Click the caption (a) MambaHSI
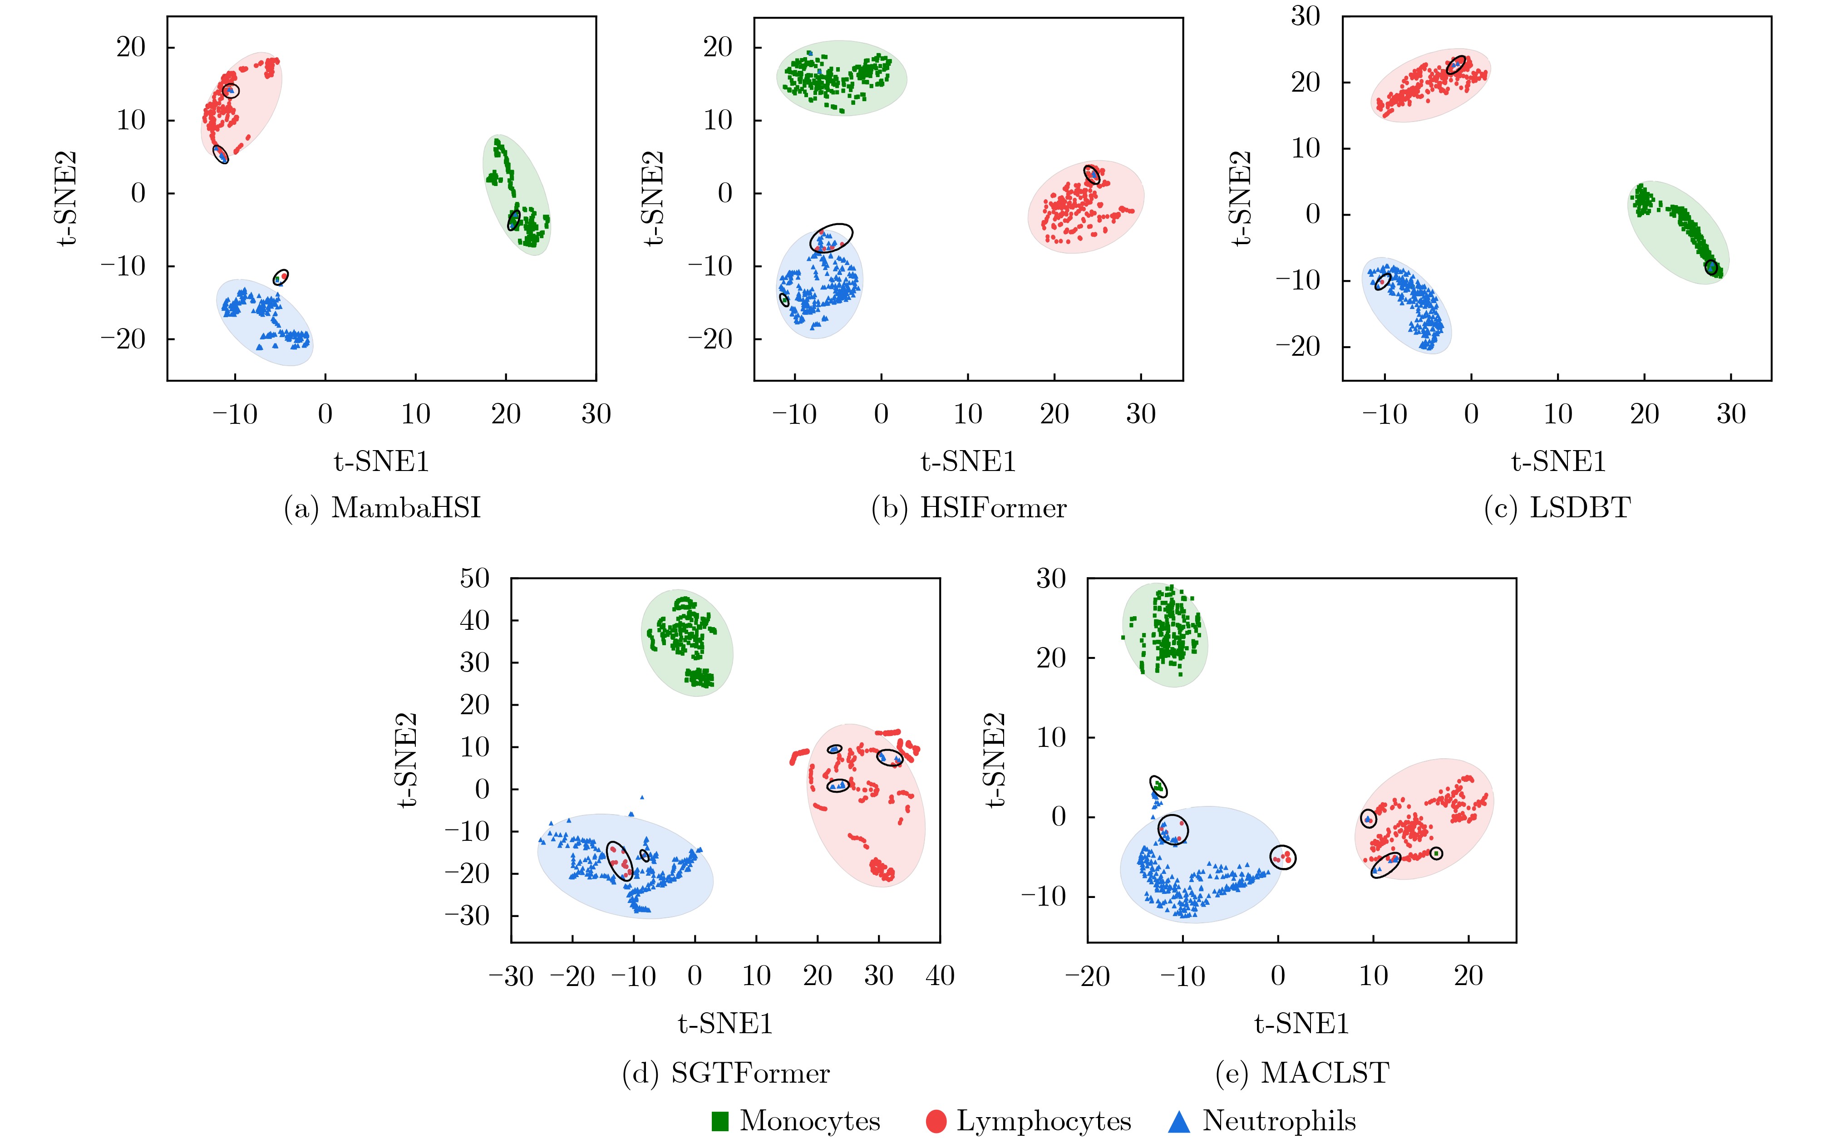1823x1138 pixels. tap(382, 508)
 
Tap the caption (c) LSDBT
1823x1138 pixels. tap(1557, 508)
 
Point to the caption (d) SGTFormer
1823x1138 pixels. tap(726, 1073)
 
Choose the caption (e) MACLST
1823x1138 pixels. tap(1302, 1073)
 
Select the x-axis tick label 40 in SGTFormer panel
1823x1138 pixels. tap(940, 976)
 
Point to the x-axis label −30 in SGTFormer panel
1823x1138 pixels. tap(511, 976)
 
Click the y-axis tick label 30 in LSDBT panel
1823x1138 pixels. tap(1306, 16)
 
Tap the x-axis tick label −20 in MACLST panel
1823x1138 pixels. tap(1087, 976)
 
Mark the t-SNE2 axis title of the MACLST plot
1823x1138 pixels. tap(995, 760)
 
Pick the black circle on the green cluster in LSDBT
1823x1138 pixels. tap(1711, 267)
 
